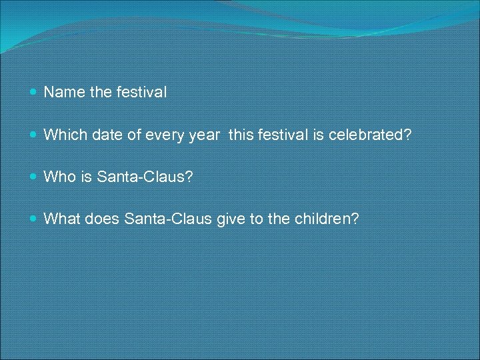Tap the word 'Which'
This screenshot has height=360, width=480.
[x=62, y=135]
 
